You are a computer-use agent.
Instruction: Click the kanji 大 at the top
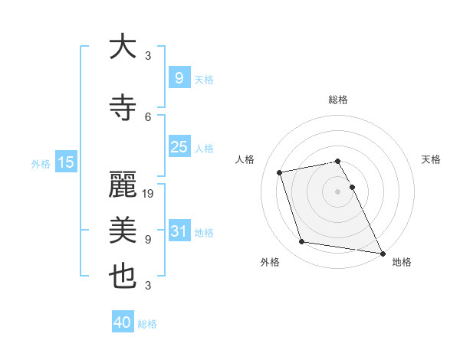click(x=123, y=47)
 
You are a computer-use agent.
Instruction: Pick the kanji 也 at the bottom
click(x=123, y=277)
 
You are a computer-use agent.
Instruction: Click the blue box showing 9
click(x=179, y=77)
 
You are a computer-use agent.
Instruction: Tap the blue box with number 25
click(x=179, y=147)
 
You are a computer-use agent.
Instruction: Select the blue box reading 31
click(x=179, y=231)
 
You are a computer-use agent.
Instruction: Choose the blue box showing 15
click(x=65, y=162)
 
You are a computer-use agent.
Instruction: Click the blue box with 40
click(x=123, y=322)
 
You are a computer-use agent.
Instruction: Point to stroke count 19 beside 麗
click(x=149, y=194)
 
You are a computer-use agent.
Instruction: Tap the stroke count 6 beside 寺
click(x=148, y=116)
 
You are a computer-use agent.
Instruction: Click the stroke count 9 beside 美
click(x=148, y=239)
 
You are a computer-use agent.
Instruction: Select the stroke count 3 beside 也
click(x=148, y=285)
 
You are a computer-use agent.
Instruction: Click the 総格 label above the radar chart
click(x=338, y=100)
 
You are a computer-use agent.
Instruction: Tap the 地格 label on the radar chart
click(x=402, y=262)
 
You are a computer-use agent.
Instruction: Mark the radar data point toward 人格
click(x=280, y=172)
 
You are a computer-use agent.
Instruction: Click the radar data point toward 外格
click(x=302, y=242)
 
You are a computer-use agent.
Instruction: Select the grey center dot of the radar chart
click(x=337, y=191)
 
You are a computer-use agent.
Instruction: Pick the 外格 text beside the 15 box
click(x=41, y=163)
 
